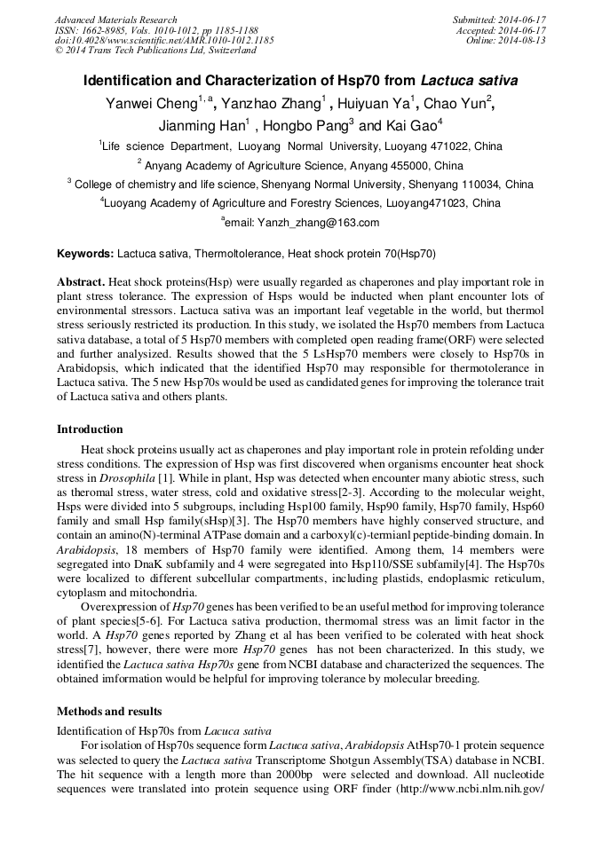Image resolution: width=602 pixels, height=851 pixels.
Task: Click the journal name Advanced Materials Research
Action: point(115,20)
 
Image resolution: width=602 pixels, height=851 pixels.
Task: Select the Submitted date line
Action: point(499,20)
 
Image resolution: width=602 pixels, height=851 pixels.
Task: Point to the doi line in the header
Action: point(164,40)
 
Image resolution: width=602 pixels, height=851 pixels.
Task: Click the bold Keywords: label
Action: point(85,254)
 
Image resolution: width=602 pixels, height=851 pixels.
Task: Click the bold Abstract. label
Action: point(80,281)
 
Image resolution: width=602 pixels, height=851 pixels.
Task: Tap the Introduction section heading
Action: point(90,429)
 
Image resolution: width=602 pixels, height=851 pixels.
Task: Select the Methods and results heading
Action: point(109,712)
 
